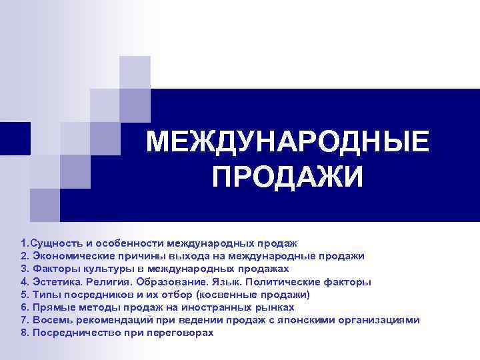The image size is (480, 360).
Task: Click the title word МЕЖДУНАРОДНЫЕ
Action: coord(287,141)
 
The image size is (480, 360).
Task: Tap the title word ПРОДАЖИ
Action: coord(287,177)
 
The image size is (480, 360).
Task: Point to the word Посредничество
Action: coord(71,332)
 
